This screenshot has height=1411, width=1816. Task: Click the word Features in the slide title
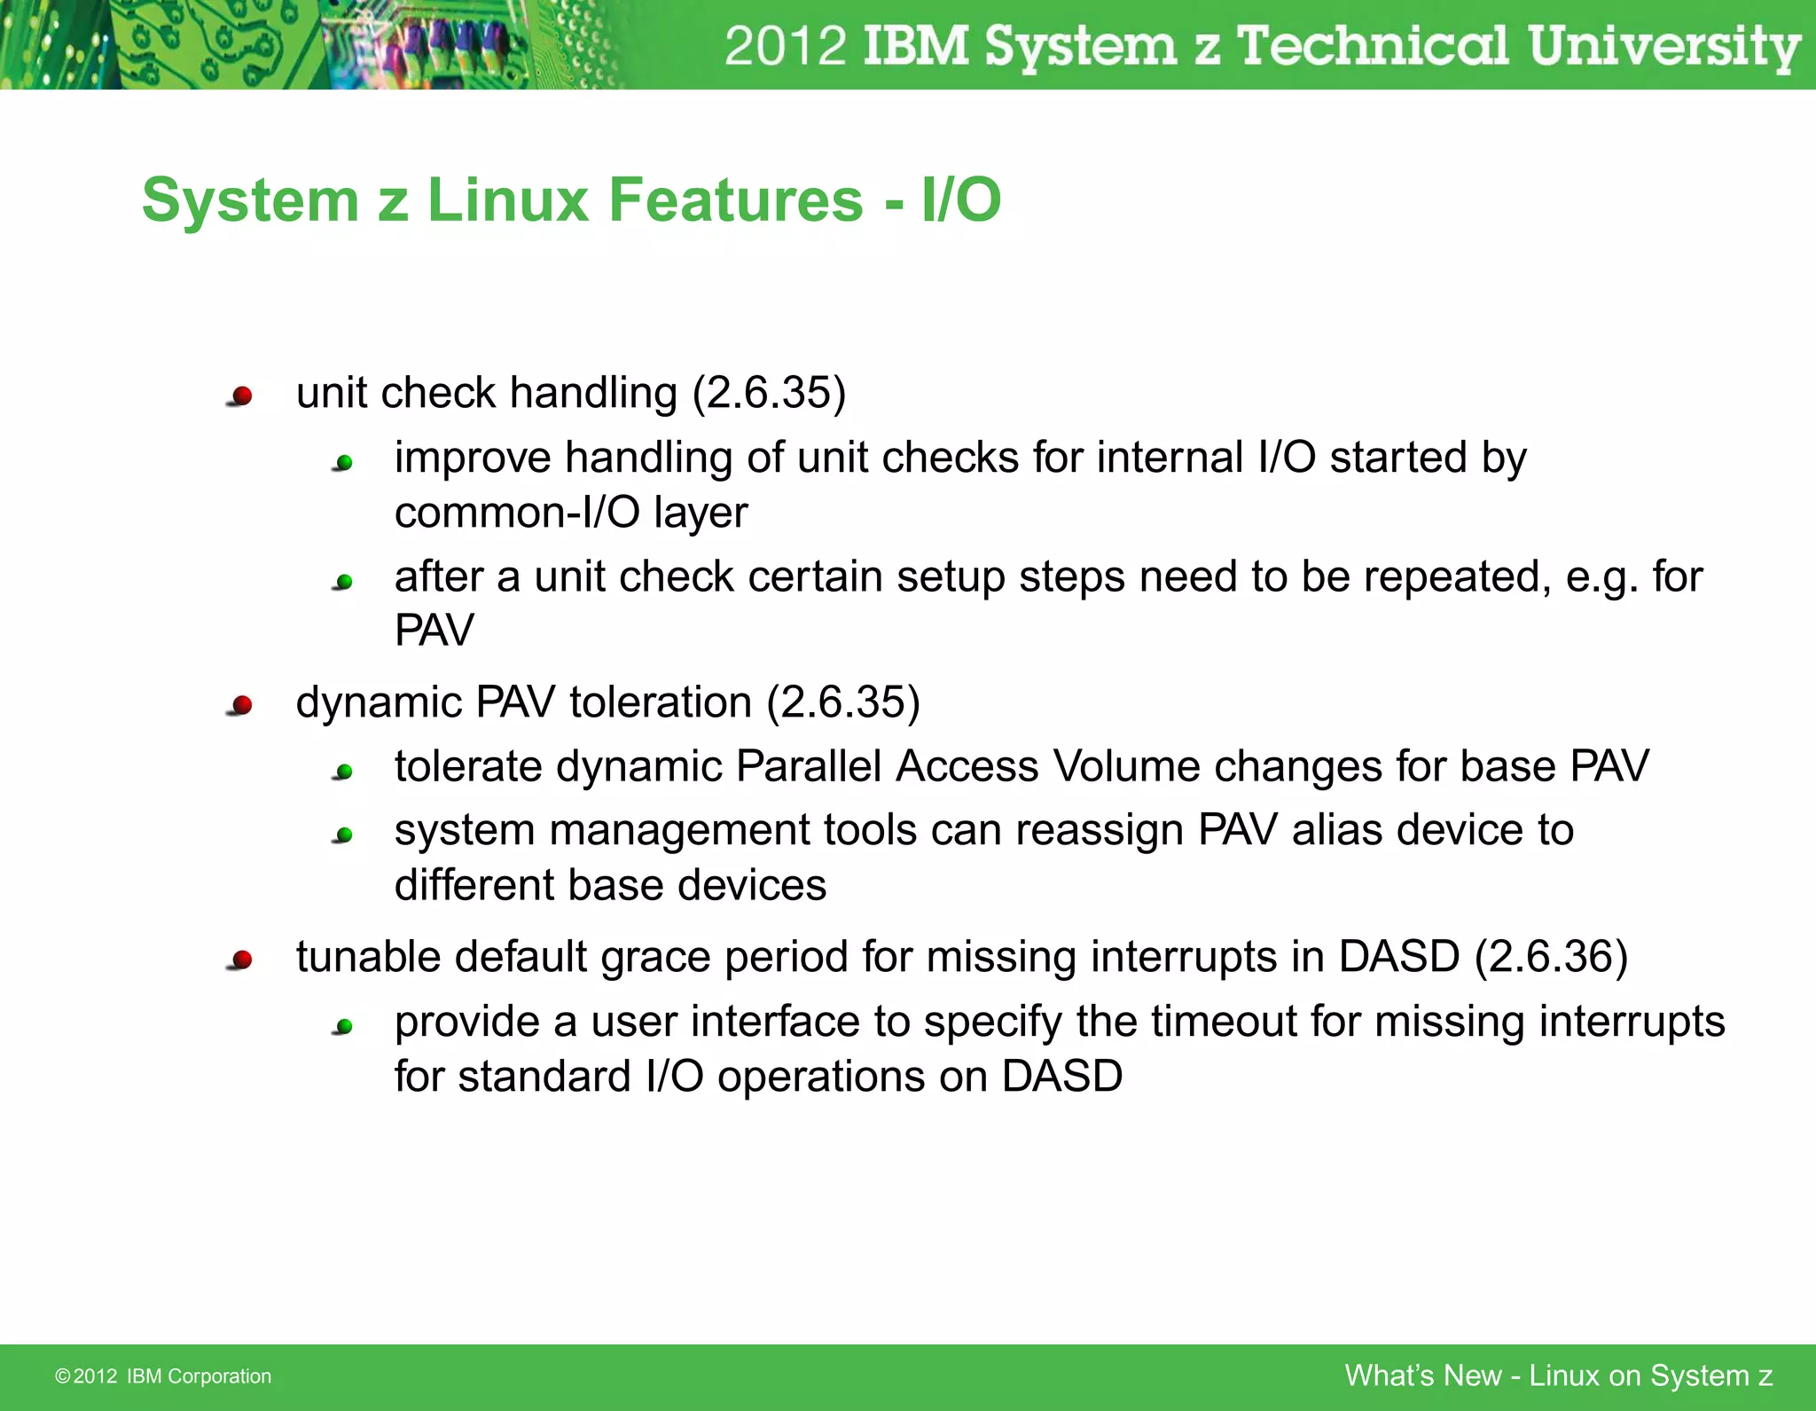pos(735,200)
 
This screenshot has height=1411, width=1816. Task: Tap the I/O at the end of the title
pos(961,200)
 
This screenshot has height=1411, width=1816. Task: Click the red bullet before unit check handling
pos(241,396)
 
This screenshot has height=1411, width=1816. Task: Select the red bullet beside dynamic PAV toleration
pos(241,705)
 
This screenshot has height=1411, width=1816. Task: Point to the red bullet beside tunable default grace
pos(241,960)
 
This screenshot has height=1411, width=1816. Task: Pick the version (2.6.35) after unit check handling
pos(769,393)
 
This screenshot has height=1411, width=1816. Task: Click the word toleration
pos(661,702)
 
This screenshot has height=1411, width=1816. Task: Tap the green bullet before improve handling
pos(344,462)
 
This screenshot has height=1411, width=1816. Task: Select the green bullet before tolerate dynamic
pos(344,772)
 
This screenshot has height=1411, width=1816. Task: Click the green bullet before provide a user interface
pos(344,1027)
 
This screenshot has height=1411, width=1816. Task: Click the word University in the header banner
pos(1663,46)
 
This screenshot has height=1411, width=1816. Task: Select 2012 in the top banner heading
pos(785,46)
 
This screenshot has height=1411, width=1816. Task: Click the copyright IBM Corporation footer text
pos(163,1376)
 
